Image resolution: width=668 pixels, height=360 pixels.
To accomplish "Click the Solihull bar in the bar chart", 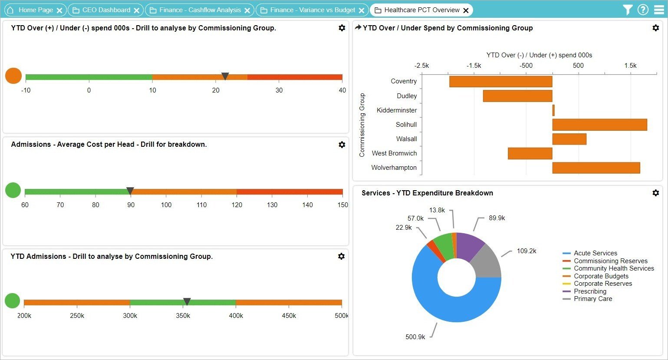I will [x=599, y=125].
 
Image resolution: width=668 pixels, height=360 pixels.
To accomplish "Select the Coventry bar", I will [x=500, y=82].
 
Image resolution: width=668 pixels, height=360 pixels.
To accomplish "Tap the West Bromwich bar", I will [x=530, y=153].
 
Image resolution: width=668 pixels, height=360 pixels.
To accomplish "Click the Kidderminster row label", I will [x=396, y=110].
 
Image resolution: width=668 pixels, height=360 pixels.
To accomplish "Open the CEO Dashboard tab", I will [x=106, y=10].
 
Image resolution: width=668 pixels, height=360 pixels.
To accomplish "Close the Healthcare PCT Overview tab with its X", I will [x=466, y=10].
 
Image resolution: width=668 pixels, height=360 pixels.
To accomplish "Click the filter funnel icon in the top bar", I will [x=627, y=10].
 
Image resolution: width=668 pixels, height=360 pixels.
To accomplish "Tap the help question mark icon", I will [x=643, y=10].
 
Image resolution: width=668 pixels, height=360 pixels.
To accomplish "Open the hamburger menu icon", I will [x=659, y=10].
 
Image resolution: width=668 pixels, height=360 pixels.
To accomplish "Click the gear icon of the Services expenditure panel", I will [x=655, y=193].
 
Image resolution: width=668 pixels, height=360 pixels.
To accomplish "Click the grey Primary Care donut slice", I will [x=487, y=263].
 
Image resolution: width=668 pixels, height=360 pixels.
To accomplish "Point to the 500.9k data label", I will [x=415, y=337].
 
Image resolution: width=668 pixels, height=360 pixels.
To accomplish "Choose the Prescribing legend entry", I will [x=590, y=291].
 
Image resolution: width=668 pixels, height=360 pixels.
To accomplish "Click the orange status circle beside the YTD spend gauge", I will [x=13, y=76].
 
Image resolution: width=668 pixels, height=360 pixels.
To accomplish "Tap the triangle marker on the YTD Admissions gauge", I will [x=187, y=301].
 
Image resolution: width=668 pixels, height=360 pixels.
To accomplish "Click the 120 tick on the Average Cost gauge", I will [x=237, y=205].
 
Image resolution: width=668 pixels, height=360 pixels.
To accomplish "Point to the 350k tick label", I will [x=183, y=316].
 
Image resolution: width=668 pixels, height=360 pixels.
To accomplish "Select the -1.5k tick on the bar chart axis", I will [x=474, y=66].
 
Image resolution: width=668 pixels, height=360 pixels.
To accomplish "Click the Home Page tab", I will [x=36, y=10].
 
